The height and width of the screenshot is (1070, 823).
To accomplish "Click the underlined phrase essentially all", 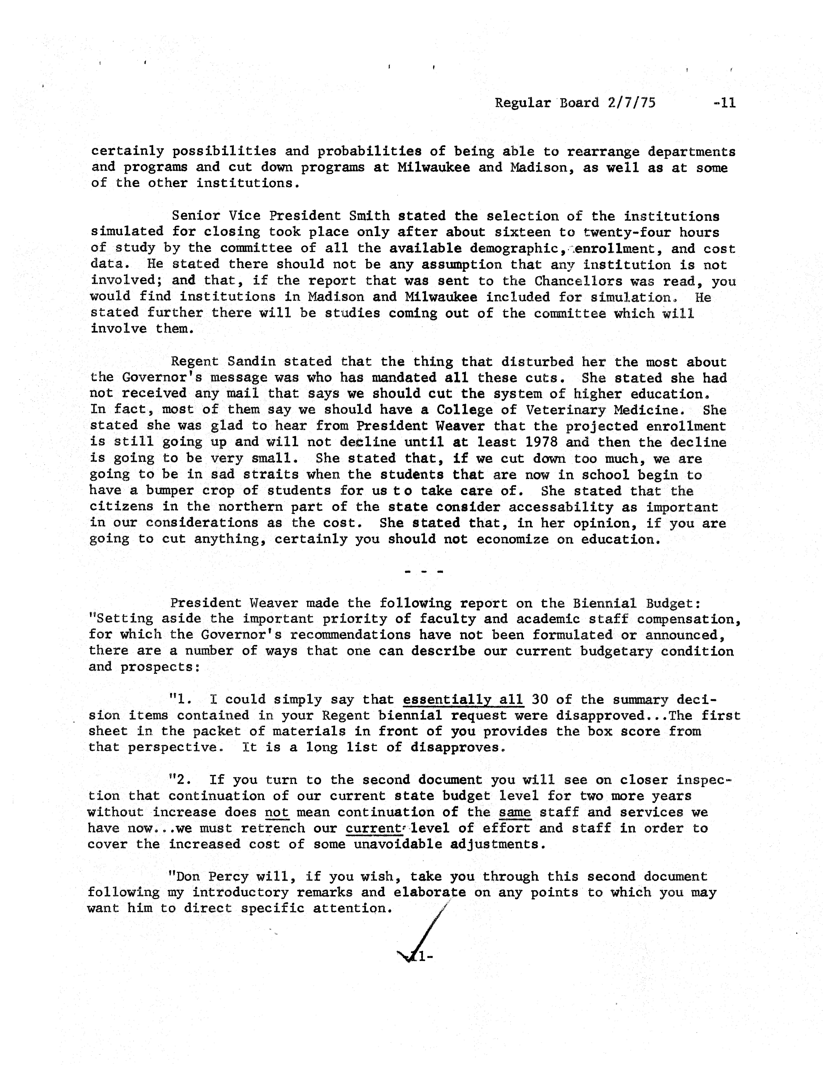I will click(463, 699).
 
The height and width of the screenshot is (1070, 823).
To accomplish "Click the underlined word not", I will click(277, 812).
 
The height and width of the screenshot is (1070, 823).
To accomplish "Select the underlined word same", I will click(515, 812).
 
